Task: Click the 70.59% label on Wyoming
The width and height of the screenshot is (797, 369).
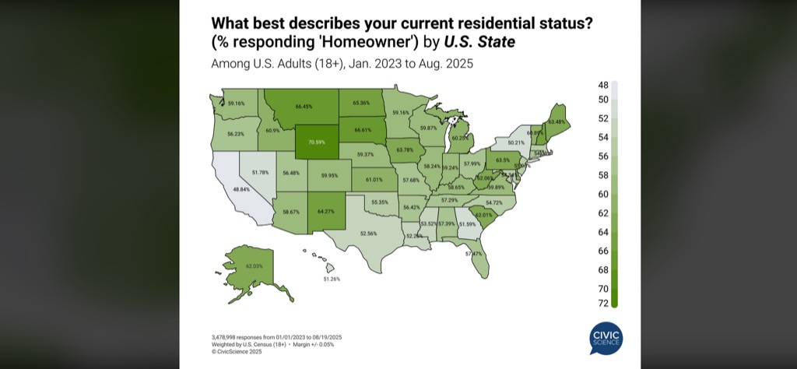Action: coord(315,142)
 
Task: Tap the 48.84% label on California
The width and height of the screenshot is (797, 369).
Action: coord(242,189)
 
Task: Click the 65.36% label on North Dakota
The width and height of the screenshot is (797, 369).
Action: coord(361,103)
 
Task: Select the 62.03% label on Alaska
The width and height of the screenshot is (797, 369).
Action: coord(254,266)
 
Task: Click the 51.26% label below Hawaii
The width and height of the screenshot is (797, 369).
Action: coord(332,278)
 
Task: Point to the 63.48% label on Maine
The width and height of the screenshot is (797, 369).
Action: coord(556,121)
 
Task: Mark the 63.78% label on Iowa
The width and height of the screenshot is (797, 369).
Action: coord(405,149)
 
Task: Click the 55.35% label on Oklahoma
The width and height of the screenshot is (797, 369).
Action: coord(380,202)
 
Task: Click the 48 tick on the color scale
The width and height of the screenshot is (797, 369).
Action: coord(603,85)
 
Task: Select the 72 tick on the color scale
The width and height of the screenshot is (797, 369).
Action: coord(603,303)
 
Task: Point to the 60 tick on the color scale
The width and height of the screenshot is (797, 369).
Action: coord(603,194)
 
